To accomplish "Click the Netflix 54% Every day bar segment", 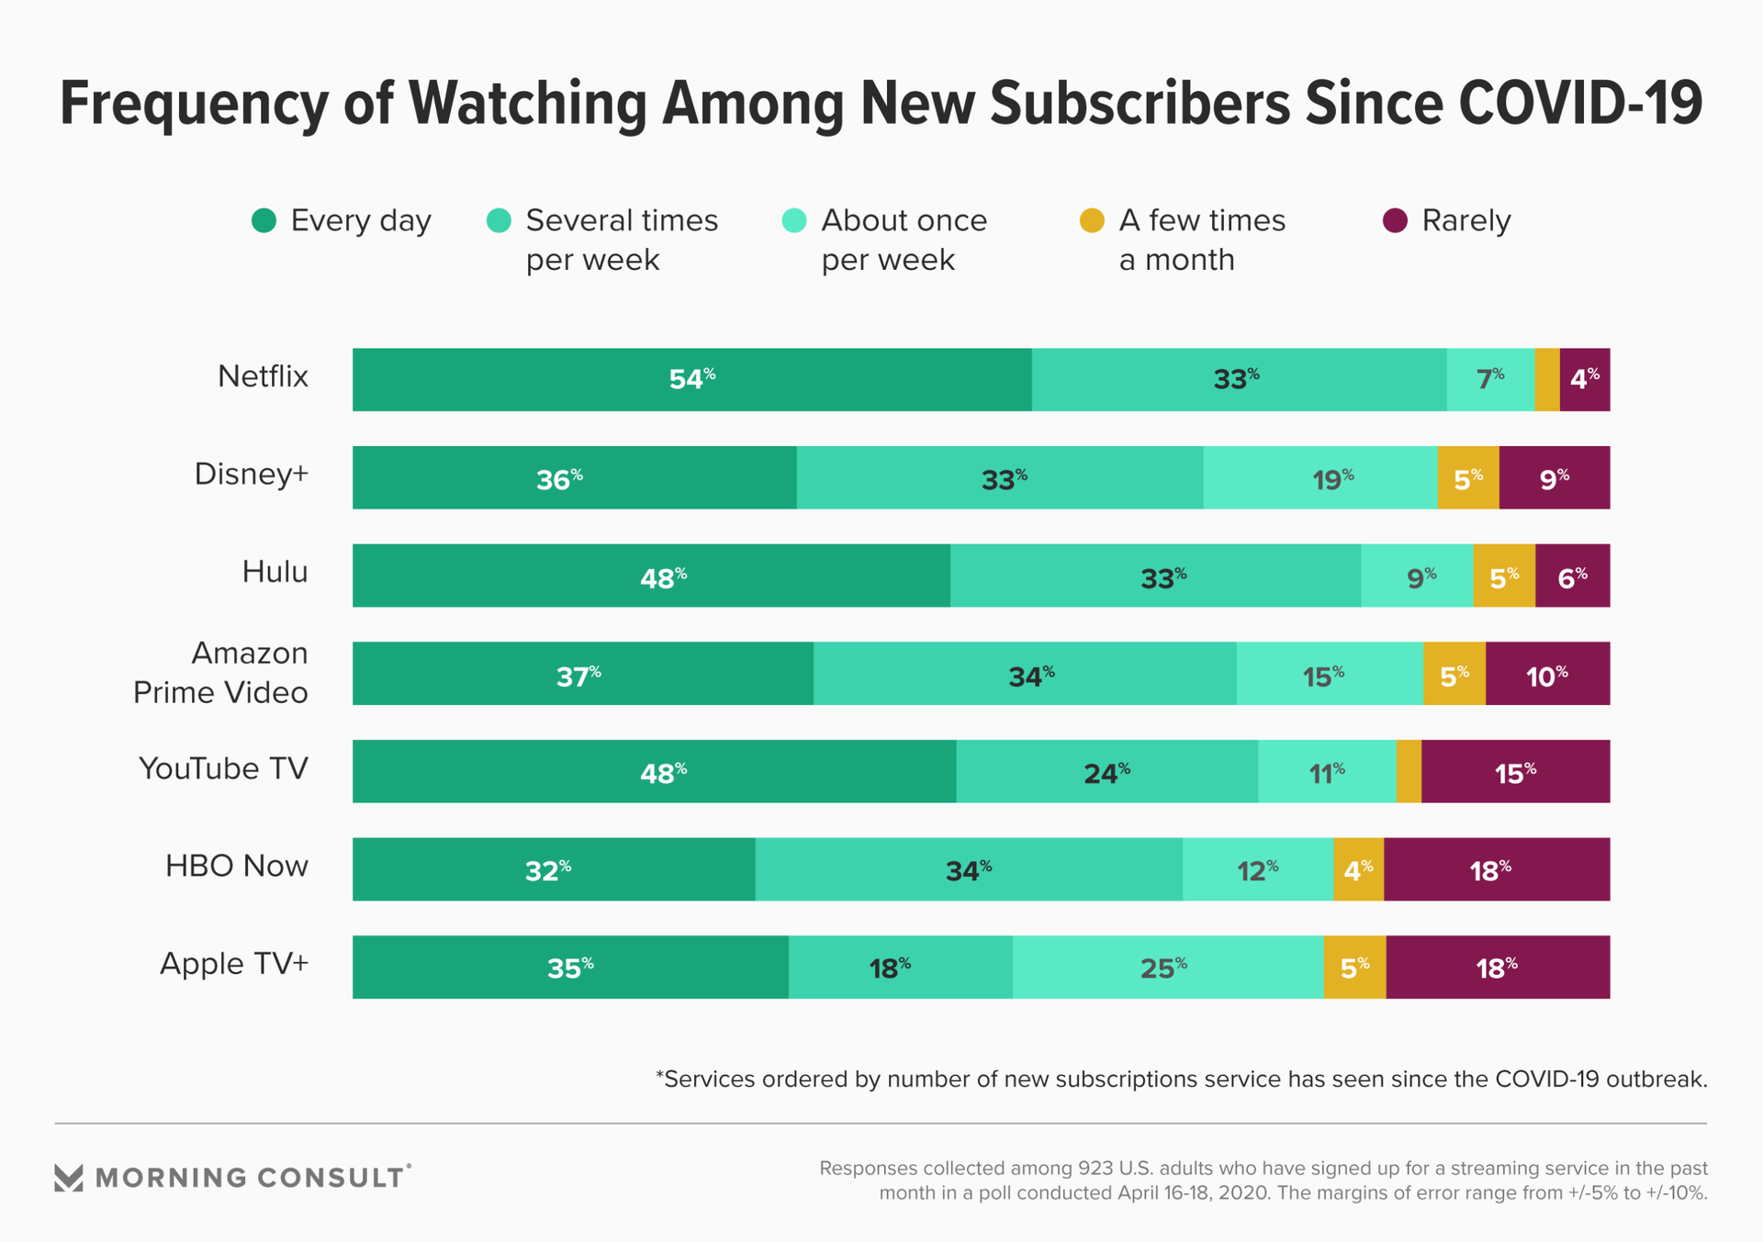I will click(691, 380).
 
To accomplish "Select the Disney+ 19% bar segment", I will click(1319, 478).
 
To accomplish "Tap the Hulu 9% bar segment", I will click(1417, 576).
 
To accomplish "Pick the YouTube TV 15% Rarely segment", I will click(1515, 772).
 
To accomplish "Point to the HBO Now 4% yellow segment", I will click(1358, 869).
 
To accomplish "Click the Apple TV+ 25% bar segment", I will click(1167, 968).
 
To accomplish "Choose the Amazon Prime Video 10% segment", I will click(1547, 674).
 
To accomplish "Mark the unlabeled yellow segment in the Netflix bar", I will click(1546, 380).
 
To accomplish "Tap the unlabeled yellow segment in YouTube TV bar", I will click(1409, 772).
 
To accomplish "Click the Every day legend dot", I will click(264, 221).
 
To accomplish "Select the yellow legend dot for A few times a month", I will click(1092, 221).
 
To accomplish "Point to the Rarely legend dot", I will click(1395, 221).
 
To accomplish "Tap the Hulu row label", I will click(275, 572).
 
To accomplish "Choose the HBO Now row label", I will click(237, 866).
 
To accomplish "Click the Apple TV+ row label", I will click(234, 964).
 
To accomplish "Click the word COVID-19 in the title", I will click(1580, 103).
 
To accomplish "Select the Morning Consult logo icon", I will click(69, 1178).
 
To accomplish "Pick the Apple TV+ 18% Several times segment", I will click(900, 968).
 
